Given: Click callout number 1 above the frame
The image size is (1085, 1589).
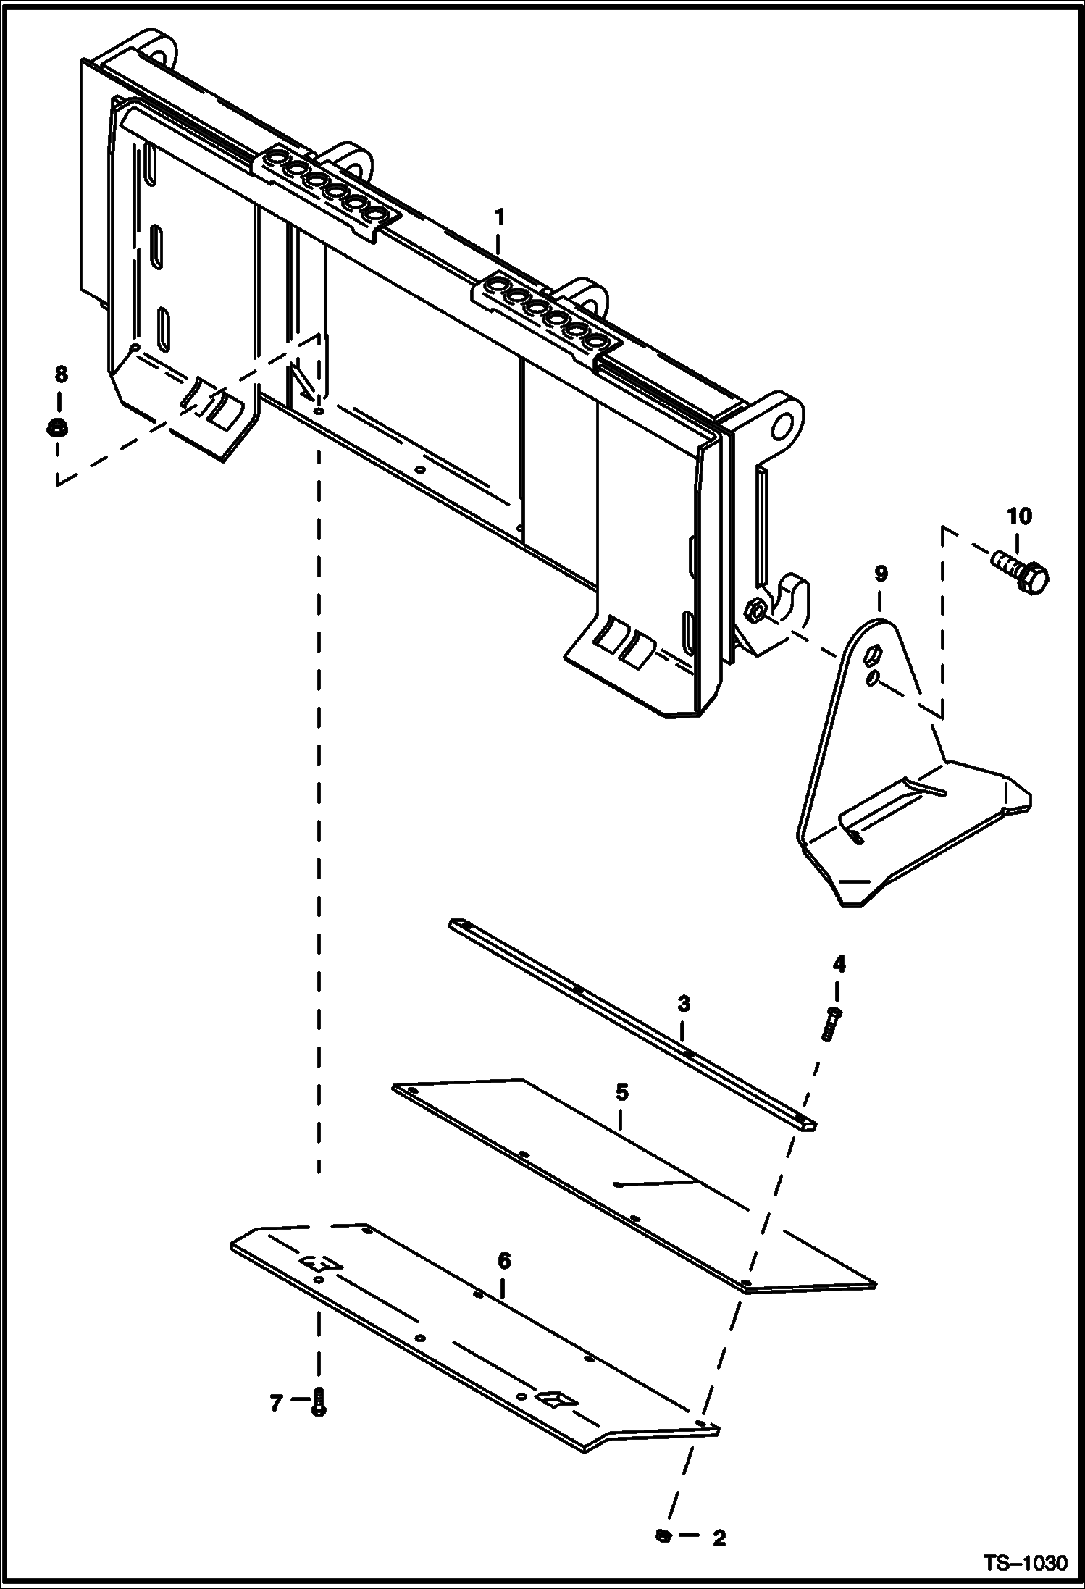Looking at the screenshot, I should coord(499,217).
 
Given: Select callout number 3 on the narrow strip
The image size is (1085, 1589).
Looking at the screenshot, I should coord(684,1004).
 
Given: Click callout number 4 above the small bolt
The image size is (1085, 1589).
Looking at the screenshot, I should coord(839,963).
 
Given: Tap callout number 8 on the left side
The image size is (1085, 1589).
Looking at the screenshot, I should coord(61,374).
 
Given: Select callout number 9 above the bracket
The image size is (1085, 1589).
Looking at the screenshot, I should coord(880,574).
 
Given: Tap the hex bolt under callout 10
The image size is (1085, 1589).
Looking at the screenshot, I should coord(1020,569).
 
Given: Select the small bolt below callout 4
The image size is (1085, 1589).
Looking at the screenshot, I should coord(831,1024).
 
